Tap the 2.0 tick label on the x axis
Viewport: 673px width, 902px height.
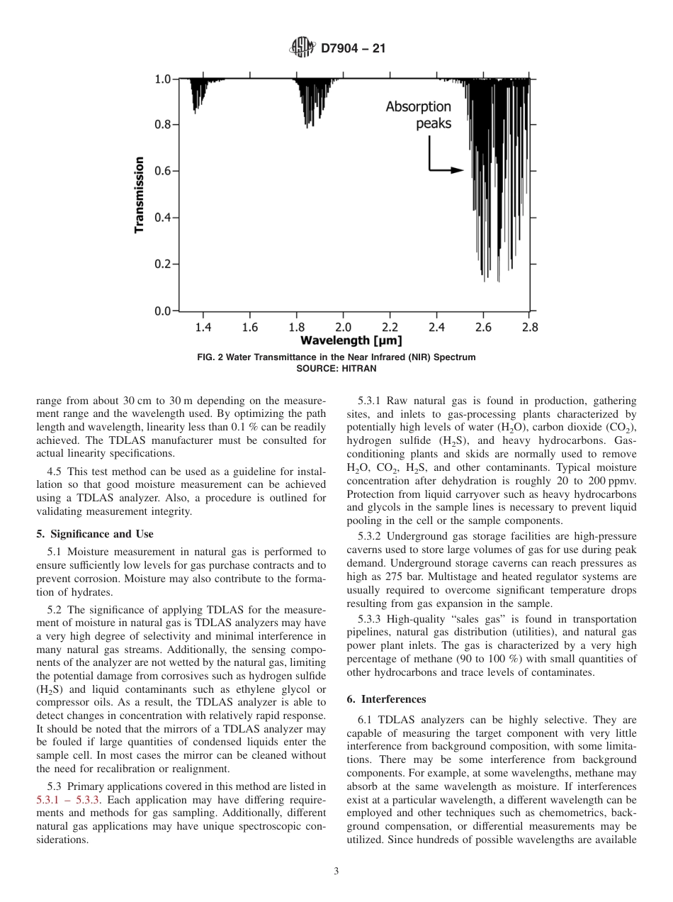click(343, 327)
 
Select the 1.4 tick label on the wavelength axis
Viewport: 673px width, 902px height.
click(203, 327)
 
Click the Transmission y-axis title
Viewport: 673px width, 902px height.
click(140, 194)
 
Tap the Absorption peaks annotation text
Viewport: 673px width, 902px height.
click(418, 114)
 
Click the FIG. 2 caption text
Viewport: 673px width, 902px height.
click(336, 357)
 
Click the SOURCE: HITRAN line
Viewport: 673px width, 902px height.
click(336, 368)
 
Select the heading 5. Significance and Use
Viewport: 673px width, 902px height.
click(94, 533)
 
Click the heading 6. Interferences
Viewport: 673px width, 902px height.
click(386, 698)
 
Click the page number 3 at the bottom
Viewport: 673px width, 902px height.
click(336, 872)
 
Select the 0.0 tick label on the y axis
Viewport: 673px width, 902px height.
click(162, 311)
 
